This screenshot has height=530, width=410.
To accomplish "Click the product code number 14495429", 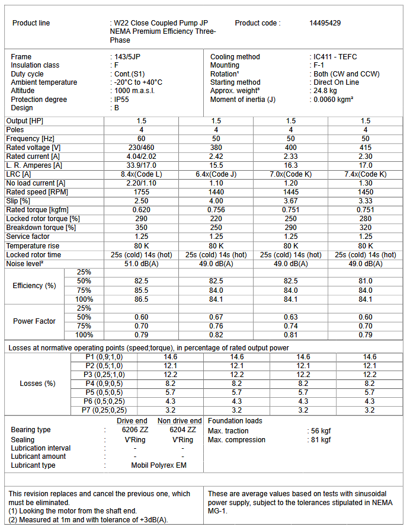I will pyautogui.click(x=325, y=23).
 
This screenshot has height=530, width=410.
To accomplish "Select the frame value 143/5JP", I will pyautogui.click(x=129, y=57).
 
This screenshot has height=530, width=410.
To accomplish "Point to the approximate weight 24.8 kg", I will pyautogui.click(x=325, y=91).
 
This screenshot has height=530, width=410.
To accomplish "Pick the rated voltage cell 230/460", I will pyautogui.click(x=141, y=147).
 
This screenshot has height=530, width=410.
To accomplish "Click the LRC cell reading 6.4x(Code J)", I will pyautogui.click(x=216, y=174).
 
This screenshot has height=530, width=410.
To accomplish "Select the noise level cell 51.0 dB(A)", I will pyautogui.click(x=141, y=263).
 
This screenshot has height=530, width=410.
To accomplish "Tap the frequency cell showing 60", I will pyautogui.click(x=141, y=138).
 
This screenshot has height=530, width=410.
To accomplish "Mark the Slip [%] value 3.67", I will pyautogui.click(x=291, y=202).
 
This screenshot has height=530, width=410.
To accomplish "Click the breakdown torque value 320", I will pyautogui.click(x=366, y=228).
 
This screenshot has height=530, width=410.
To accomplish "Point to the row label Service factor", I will pyautogui.click(x=27, y=237).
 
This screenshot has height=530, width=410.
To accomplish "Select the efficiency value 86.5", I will pyautogui.click(x=141, y=299).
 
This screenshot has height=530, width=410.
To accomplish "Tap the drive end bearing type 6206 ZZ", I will pyautogui.click(x=134, y=430).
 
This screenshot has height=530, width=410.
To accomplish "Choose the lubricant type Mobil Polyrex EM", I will pyautogui.click(x=159, y=465).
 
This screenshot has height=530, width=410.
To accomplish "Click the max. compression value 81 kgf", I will pyautogui.click(x=322, y=440).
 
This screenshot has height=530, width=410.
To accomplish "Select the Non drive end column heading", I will pyautogui.click(x=180, y=421).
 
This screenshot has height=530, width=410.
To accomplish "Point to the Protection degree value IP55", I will pyautogui.click(x=123, y=100).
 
